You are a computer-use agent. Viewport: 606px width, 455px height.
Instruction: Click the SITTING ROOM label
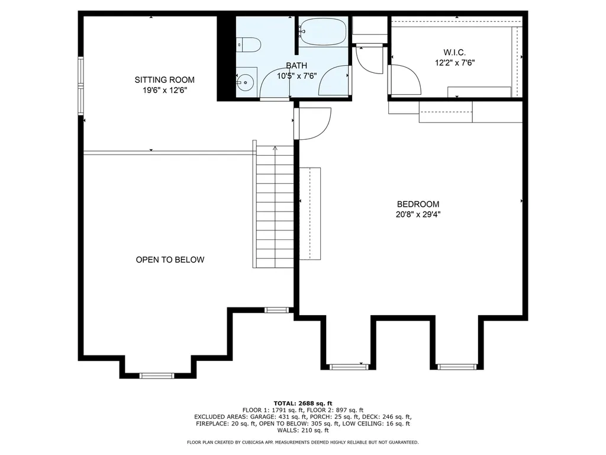coord(165,80)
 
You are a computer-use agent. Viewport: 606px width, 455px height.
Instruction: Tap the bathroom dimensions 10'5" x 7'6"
coord(296,76)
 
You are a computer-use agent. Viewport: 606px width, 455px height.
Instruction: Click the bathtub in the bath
coord(323,31)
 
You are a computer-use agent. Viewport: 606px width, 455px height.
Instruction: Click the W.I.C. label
coord(454,52)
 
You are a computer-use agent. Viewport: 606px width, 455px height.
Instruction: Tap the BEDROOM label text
coord(418,204)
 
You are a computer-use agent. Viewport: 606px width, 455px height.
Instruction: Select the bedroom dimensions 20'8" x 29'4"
coord(418,214)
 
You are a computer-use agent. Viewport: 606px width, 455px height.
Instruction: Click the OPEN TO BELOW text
coord(170,259)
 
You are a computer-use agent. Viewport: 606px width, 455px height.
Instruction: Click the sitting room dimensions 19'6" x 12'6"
coord(165,91)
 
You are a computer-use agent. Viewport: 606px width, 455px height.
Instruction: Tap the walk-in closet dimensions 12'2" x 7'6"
coord(455,63)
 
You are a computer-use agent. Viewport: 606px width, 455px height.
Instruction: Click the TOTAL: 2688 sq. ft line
coord(303,403)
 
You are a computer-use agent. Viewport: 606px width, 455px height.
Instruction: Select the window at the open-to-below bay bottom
coord(156,375)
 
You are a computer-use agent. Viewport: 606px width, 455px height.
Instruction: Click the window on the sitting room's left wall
coord(80,85)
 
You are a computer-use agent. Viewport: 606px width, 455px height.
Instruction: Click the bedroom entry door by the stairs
coord(312,123)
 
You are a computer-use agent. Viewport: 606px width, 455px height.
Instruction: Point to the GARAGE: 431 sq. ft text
coord(278,417)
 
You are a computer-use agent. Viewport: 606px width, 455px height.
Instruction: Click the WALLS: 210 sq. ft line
coord(303,430)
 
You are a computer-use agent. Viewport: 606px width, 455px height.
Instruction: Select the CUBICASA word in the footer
coord(254,442)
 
